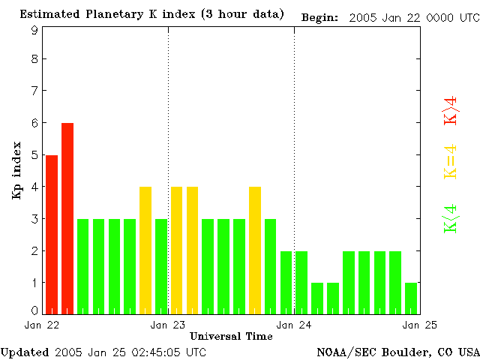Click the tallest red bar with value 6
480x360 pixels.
67,217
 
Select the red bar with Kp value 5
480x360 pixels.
52,234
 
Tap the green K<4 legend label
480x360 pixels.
451,220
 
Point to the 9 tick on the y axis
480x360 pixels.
34,30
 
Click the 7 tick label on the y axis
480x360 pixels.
34,91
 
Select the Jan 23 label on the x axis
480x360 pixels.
169,325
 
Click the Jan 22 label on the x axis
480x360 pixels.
42,325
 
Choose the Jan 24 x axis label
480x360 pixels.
295,325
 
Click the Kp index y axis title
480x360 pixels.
16,172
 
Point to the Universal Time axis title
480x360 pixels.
231,336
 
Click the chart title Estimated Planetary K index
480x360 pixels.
152,15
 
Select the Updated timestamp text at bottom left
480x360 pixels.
103,352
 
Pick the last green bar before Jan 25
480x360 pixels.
411,298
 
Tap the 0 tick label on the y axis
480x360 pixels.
34,310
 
